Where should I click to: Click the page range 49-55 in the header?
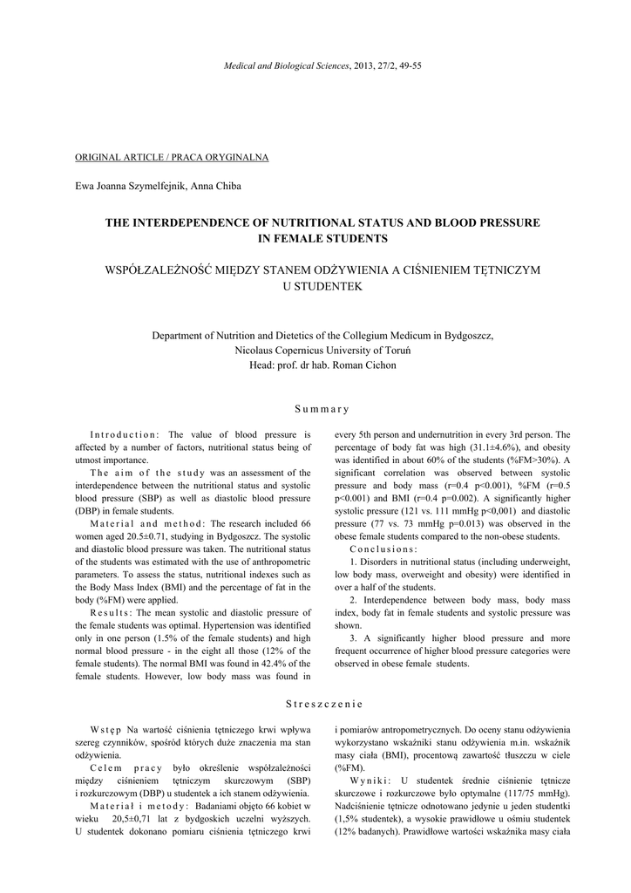(407, 66)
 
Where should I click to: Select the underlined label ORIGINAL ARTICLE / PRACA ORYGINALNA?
(172, 158)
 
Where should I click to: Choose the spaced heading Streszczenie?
(322, 703)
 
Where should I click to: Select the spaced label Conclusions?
(383, 549)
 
